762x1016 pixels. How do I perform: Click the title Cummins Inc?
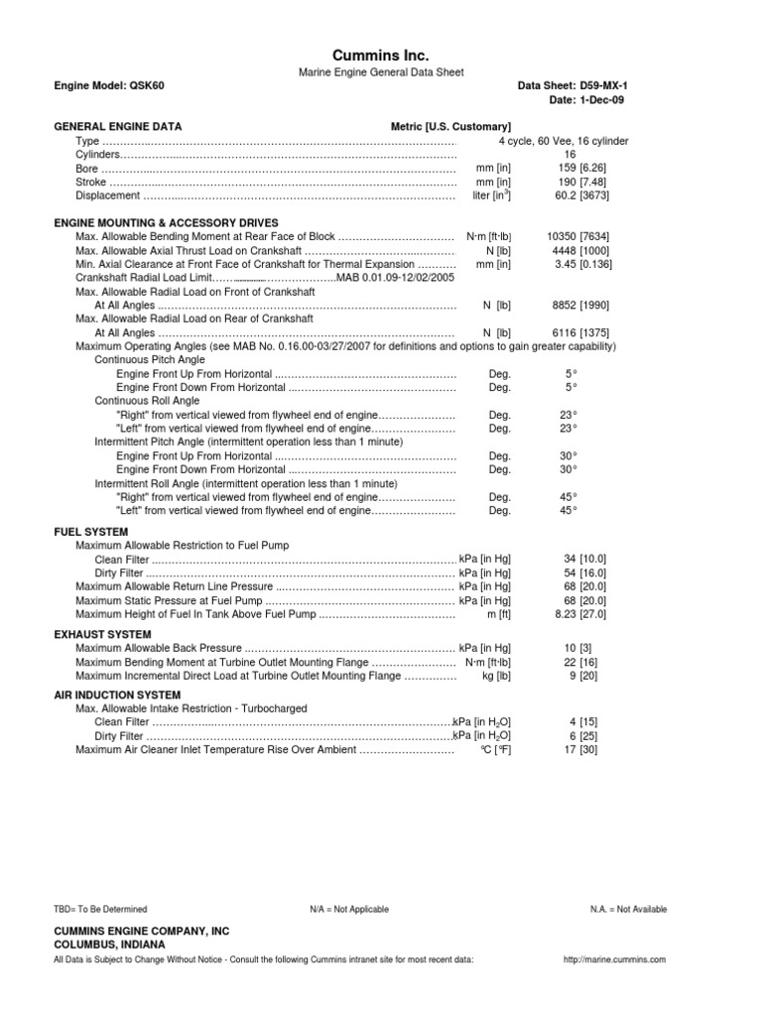tap(380, 56)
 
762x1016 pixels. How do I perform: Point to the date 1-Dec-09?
tap(587, 100)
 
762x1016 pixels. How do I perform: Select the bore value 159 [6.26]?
tap(569, 169)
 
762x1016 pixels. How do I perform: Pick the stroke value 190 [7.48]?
tap(569, 183)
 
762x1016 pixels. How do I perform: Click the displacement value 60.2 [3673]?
tap(569, 196)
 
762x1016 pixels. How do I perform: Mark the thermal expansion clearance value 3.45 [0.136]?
tap(569, 265)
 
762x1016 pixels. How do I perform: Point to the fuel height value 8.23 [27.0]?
tap(569, 614)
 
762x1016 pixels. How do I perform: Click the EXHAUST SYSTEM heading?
tap(102, 634)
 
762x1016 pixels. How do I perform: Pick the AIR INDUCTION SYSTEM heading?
tap(117, 696)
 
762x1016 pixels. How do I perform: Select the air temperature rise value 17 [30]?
tap(569, 750)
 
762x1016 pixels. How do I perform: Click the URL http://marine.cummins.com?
tap(614, 959)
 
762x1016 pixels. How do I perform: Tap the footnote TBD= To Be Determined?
tap(100, 909)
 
